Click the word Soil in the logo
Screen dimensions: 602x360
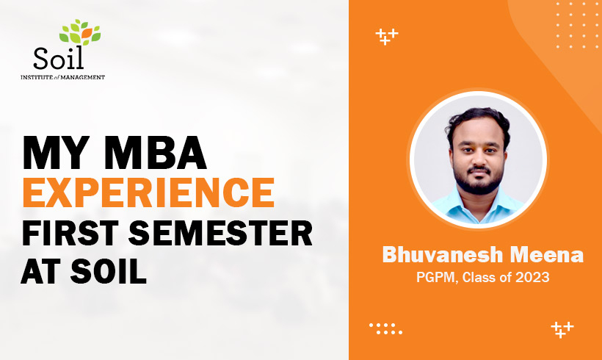(x=58, y=58)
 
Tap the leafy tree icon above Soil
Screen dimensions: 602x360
(x=80, y=32)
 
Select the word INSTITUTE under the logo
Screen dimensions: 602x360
(x=37, y=77)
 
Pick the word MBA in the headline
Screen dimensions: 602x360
(x=155, y=153)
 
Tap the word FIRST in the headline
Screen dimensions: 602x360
(x=70, y=233)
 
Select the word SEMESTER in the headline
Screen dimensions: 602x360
(x=220, y=233)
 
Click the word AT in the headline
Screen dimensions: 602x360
(x=40, y=272)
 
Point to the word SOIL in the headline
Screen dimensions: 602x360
(x=109, y=272)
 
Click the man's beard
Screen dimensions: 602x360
(x=479, y=184)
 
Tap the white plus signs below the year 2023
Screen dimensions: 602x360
(x=562, y=330)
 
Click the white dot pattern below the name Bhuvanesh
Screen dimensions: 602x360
(x=386, y=328)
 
